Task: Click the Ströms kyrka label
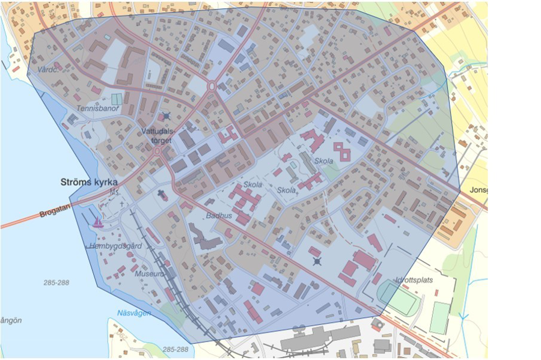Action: coord(89,182)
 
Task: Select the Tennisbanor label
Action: coord(98,109)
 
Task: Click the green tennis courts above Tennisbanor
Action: coord(117,99)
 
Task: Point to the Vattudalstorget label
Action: coord(157,135)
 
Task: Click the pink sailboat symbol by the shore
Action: coord(97,222)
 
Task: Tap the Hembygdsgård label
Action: coord(115,246)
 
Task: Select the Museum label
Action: coord(149,273)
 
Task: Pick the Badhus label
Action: coord(219,215)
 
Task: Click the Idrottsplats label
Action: coord(414,279)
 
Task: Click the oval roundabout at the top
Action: coord(212,87)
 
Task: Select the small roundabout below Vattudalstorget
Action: coord(157,151)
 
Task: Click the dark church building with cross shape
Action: coord(162,194)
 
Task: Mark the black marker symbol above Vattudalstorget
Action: coord(167,117)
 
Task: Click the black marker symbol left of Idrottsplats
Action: coord(317,261)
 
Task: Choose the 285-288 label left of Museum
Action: coord(57,282)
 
